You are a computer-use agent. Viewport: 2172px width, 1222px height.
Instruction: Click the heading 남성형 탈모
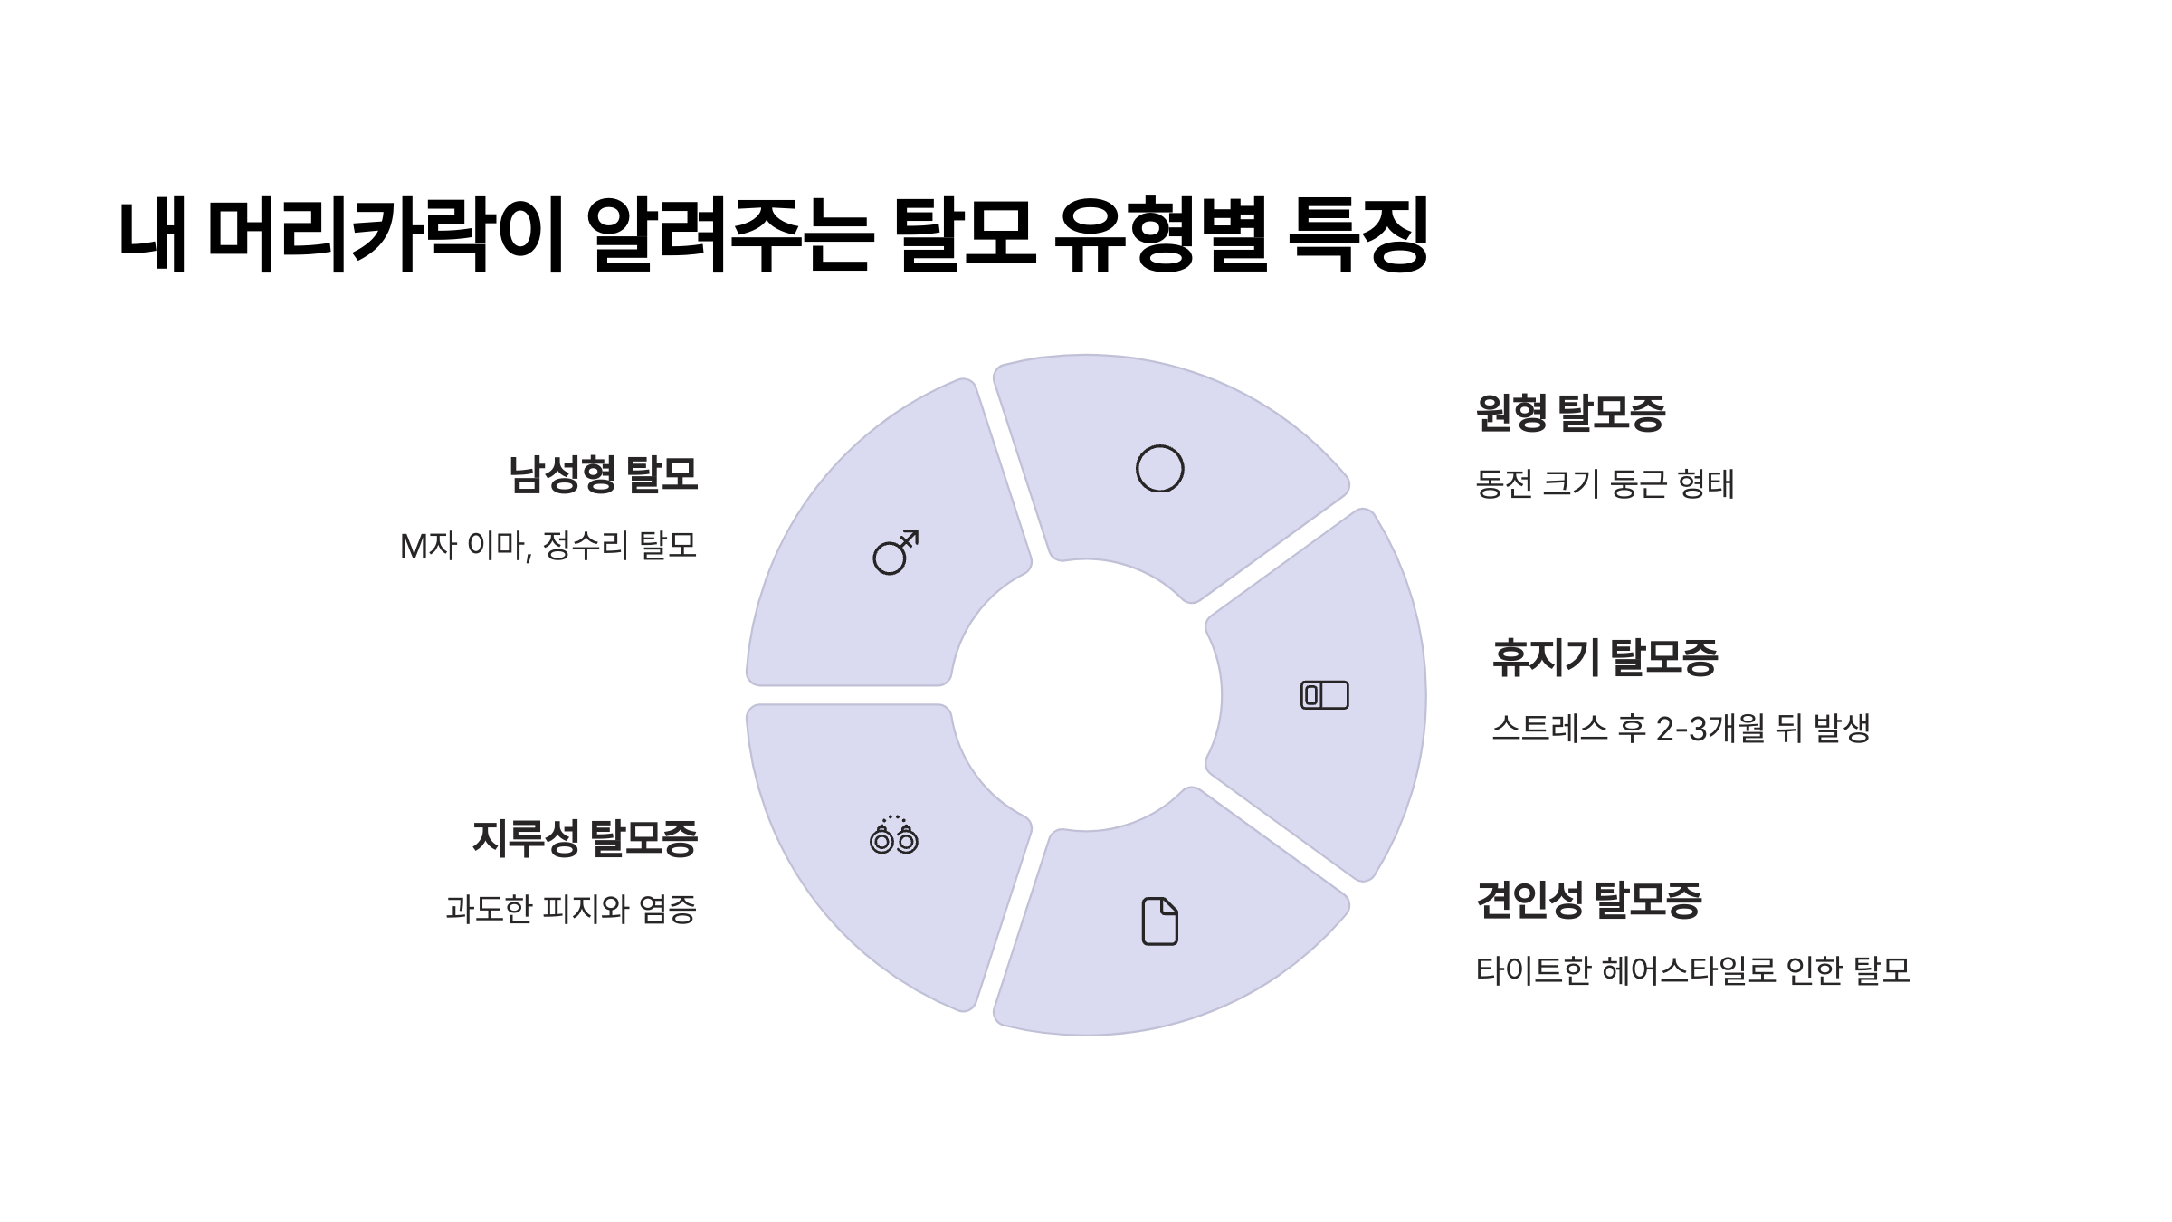tap(603, 474)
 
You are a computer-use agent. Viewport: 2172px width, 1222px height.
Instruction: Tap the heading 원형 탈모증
tap(1570, 413)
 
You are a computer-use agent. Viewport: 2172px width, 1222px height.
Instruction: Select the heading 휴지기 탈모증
tap(1604, 657)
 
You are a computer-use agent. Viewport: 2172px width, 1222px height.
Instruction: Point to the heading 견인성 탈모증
tap(1588, 900)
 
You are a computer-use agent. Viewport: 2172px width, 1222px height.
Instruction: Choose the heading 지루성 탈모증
tap(585, 838)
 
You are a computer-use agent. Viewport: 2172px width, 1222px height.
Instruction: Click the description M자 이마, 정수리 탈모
tap(548, 546)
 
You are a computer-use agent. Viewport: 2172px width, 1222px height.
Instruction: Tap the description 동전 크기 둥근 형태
tap(1605, 484)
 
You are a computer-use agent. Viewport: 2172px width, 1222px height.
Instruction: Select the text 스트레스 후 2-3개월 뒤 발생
tap(1681, 728)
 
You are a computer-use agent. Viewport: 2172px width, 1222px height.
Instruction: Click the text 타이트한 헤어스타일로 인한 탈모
tap(1692, 970)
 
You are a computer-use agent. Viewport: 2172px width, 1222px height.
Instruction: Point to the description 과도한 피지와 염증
tap(571, 909)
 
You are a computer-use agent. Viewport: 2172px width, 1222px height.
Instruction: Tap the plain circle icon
tap(1159, 469)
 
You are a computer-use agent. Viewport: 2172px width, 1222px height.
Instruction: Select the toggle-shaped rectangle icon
tap(1324, 695)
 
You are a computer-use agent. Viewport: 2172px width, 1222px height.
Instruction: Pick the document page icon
tap(1159, 921)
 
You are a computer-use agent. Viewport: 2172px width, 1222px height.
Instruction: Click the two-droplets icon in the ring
tap(893, 835)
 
